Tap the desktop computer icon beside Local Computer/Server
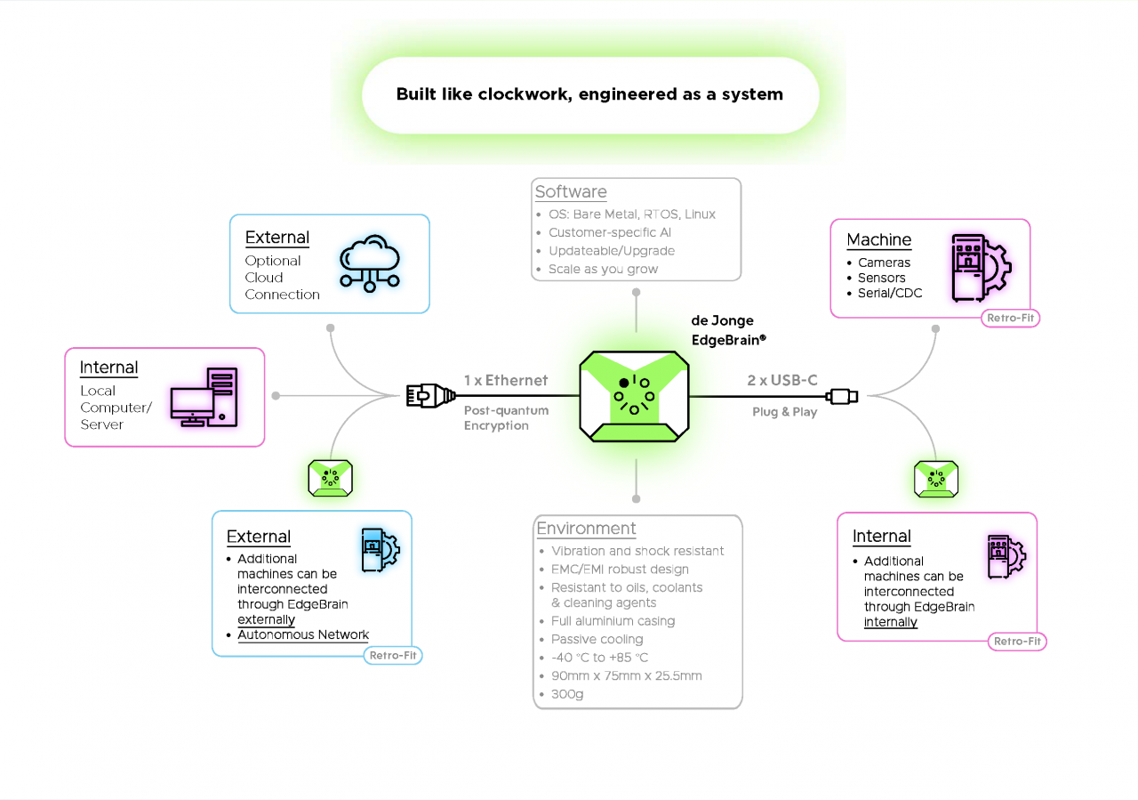pos(204,397)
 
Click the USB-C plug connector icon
pos(841,396)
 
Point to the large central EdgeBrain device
pos(635,395)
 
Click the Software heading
pos(571,192)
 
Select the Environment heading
pos(586,529)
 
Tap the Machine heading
pos(878,239)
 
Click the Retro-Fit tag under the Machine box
pos(1011,318)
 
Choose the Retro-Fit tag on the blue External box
pos(392,656)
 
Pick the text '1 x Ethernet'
pos(506,380)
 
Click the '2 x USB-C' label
pos(782,380)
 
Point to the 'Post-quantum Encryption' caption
pos(506,418)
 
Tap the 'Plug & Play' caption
pos(784,412)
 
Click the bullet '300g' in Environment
pos(567,694)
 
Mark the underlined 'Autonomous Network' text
pos(303,634)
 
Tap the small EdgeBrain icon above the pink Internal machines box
pos(936,479)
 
